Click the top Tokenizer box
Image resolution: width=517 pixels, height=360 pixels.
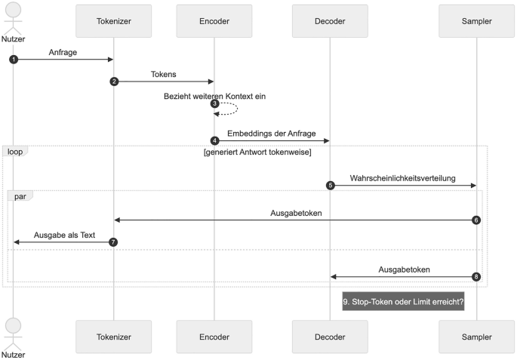(x=113, y=21)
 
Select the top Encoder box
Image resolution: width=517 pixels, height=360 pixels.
(x=214, y=21)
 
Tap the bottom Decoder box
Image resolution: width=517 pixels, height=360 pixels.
(x=330, y=337)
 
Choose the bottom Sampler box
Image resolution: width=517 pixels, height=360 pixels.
(x=476, y=337)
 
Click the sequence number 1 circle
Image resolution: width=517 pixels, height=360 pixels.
(x=14, y=59)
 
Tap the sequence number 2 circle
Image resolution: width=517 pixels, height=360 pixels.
(x=114, y=81)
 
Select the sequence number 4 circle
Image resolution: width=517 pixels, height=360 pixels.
(x=214, y=140)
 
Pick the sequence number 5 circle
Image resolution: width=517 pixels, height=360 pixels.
(x=330, y=185)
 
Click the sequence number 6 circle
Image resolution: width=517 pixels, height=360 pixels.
(x=475, y=220)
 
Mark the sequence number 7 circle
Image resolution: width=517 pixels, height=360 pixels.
(x=113, y=242)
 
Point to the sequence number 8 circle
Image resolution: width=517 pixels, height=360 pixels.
(x=475, y=276)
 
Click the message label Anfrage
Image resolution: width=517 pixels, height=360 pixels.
(x=63, y=52)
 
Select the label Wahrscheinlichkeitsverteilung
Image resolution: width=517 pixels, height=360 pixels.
(x=402, y=178)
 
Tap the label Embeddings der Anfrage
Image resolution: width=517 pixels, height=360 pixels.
(x=272, y=134)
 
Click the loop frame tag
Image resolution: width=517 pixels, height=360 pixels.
(x=15, y=151)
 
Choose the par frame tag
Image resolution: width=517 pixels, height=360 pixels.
(x=20, y=195)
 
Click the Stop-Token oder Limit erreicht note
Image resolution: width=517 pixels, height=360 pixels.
(x=403, y=301)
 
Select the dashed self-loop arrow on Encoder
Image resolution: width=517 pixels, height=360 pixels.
(x=229, y=108)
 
